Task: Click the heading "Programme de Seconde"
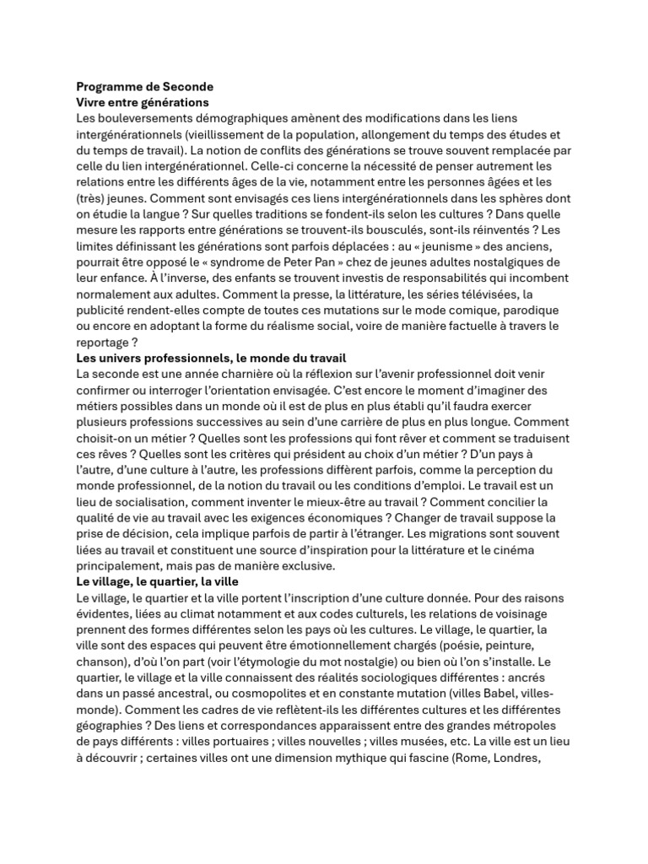point(144,86)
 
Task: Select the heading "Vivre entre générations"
point(142,102)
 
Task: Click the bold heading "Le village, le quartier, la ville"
point(157,581)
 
